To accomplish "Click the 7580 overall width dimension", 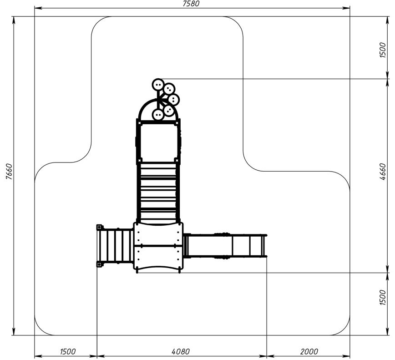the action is point(191,4).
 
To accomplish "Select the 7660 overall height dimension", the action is point(9,172).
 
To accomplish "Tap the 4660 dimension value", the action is point(382,172).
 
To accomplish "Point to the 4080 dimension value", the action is point(180,351).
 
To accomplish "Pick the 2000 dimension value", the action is point(309,351).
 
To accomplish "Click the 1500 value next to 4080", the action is point(68,351).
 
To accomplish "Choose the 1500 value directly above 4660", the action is point(382,50).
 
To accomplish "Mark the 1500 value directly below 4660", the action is point(382,298).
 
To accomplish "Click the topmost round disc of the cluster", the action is point(158,85).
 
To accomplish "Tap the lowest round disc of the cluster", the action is point(158,115).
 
